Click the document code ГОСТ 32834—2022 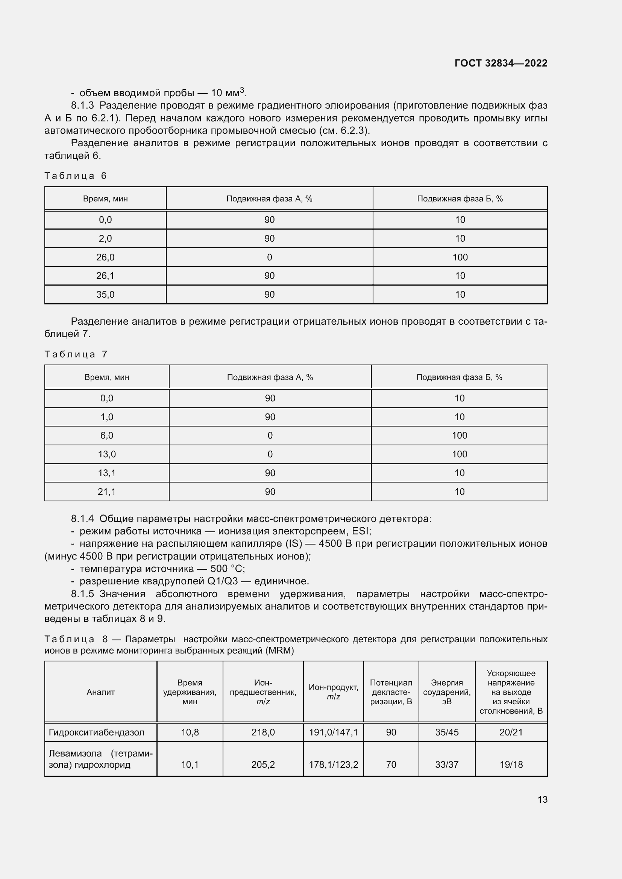coord(501,63)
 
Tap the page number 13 coord(542,799)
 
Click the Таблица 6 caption coord(76,176)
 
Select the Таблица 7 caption coord(76,354)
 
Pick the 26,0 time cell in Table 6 coord(105,257)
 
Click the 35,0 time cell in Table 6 coord(105,294)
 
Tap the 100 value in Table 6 coord(460,257)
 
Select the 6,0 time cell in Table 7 coord(107,435)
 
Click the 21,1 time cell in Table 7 coord(107,492)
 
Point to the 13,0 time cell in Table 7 coord(107,454)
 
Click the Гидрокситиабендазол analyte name coord(97,732)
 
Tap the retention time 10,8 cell coord(190,732)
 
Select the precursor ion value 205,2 coord(263,764)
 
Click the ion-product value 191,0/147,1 coord(333,732)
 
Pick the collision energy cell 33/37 coord(447,764)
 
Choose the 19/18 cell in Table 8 coord(511,764)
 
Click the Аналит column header coord(100,692)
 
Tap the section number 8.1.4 coord(82,519)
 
